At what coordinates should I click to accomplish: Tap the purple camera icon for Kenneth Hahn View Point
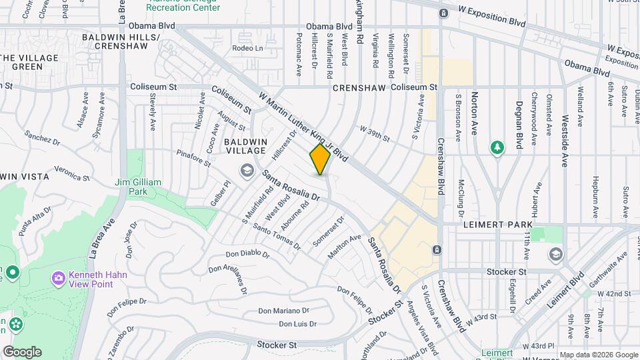pos(59,277)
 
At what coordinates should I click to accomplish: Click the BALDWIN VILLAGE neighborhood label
pos(245,147)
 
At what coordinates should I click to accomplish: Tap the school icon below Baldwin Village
pos(248,171)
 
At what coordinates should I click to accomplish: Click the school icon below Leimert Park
pos(555,254)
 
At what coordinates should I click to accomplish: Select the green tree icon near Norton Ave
pos(497,147)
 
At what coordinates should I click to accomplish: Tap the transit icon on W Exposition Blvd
pos(443,13)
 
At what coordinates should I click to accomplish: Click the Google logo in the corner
pos(22,352)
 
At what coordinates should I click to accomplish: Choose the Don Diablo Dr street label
pos(247,254)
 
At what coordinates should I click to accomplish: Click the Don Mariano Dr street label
pos(283,311)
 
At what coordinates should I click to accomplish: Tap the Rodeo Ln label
pos(247,48)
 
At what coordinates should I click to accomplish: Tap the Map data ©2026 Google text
pos(598,355)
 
